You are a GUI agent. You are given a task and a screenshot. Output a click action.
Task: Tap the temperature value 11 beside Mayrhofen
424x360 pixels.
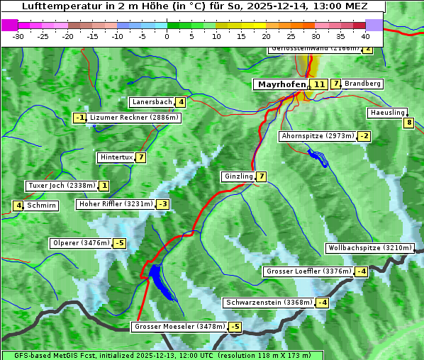[319, 84]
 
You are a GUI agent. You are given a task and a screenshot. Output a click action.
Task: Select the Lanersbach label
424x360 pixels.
[152, 102]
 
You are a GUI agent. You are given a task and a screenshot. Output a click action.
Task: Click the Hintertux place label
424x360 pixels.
[116, 157]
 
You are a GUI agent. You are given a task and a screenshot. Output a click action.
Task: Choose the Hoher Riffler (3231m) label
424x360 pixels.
[115, 204]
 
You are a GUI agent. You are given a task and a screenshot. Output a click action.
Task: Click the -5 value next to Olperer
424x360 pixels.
[119, 243]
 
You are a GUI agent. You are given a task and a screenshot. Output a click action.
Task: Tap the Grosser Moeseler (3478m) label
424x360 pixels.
[179, 327]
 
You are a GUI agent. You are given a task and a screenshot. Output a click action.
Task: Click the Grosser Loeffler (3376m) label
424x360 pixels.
[308, 271]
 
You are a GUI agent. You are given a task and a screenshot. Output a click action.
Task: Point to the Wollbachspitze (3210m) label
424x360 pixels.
[369, 248]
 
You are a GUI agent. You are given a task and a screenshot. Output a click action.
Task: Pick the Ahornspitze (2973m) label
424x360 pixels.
[318, 135]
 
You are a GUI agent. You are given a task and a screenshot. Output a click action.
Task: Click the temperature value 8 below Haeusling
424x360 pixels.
[408, 123]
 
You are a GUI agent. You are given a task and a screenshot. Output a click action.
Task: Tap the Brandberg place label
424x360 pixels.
[362, 84]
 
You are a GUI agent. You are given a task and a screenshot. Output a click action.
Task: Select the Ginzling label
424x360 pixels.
[238, 176]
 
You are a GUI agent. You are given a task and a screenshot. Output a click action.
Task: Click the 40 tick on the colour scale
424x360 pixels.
[365, 36]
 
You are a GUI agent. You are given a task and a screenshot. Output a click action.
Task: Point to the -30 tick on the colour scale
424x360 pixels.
[18, 36]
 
